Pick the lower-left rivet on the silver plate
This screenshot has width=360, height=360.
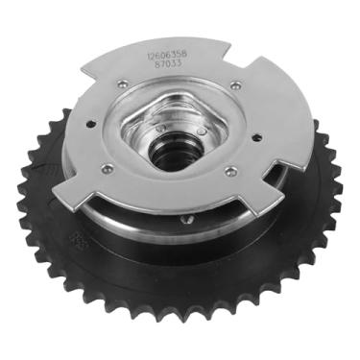(x=107, y=169)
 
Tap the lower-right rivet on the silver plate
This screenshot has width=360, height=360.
(x=230, y=173)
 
